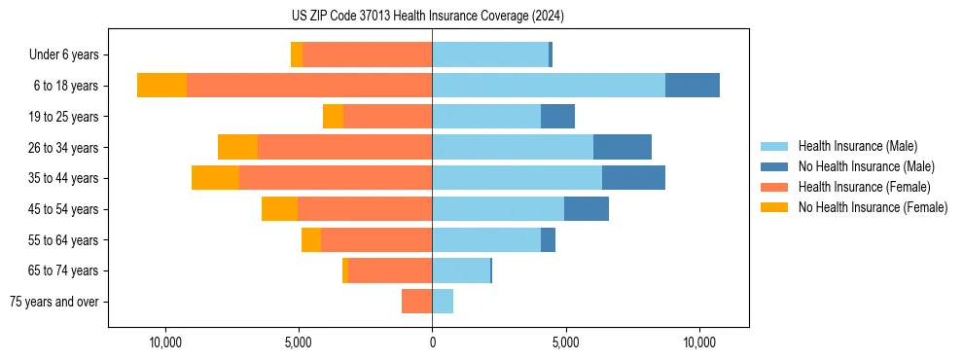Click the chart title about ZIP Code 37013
(427, 16)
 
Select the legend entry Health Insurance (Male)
(856, 146)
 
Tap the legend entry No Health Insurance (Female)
(873, 207)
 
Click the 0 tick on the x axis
(432, 342)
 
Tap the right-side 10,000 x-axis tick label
(699, 342)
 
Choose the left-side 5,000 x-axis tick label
(299, 342)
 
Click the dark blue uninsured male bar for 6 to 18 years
(693, 86)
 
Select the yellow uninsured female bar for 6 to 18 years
(161, 86)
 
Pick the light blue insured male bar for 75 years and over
(443, 302)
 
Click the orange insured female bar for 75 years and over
(416, 302)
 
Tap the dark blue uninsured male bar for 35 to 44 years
(633, 178)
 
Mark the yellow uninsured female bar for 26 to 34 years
(237, 147)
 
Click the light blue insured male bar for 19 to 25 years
(486, 117)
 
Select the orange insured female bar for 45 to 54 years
(365, 209)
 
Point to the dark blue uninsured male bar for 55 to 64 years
(548, 240)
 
